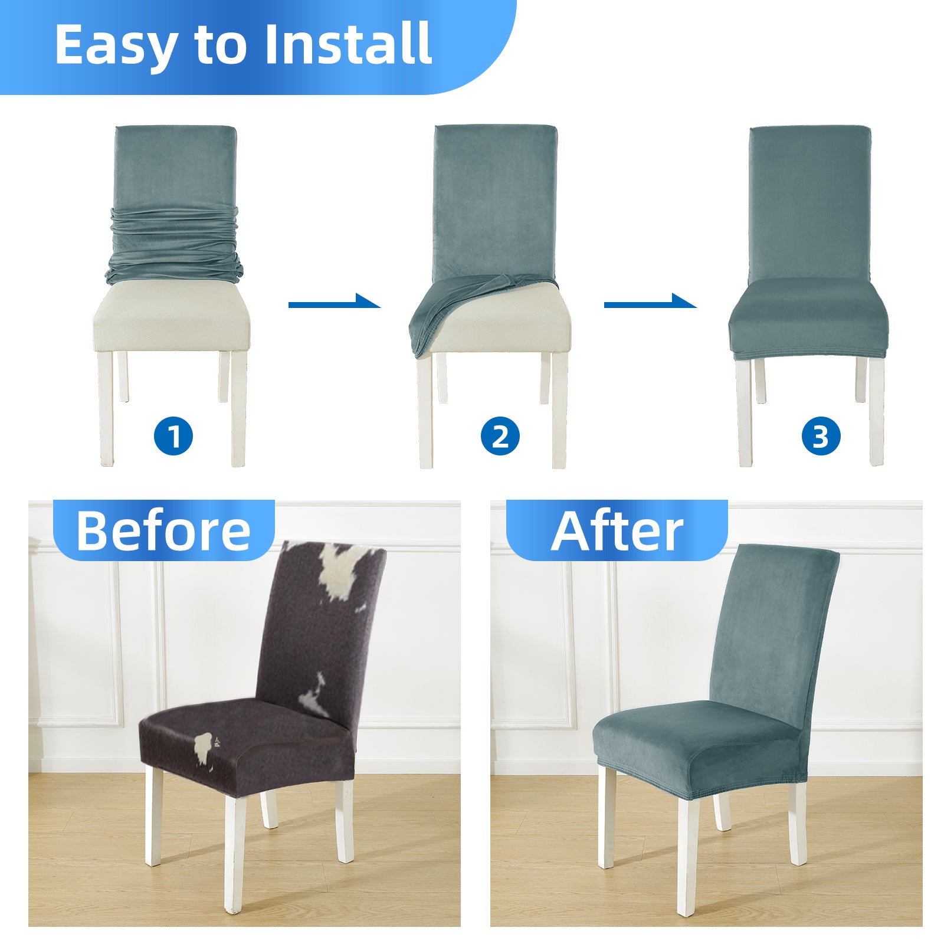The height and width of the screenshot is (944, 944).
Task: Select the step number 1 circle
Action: click(173, 437)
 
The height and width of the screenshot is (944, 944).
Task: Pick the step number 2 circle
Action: click(500, 437)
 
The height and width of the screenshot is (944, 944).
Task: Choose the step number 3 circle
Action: click(821, 437)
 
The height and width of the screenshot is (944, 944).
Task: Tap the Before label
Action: click(163, 530)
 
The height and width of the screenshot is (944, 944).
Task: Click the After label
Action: click(617, 530)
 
